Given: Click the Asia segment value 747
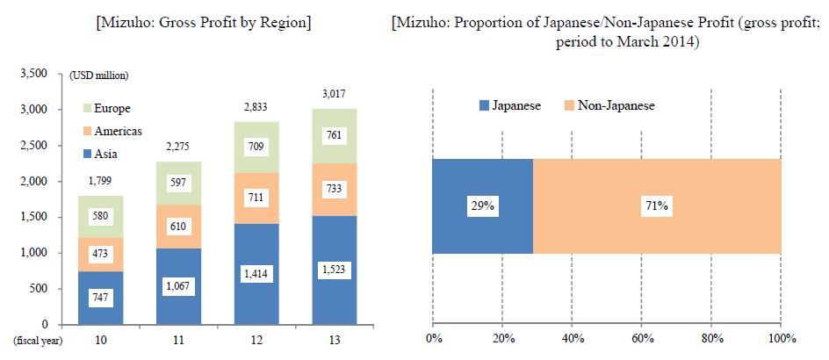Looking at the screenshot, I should (99, 299).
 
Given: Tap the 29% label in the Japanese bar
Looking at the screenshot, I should (482, 207).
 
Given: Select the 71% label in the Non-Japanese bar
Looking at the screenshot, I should (656, 207).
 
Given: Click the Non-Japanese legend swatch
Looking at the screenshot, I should (571, 106).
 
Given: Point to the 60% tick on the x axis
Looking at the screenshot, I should (641, 339).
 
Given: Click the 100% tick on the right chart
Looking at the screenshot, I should (781, 339).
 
